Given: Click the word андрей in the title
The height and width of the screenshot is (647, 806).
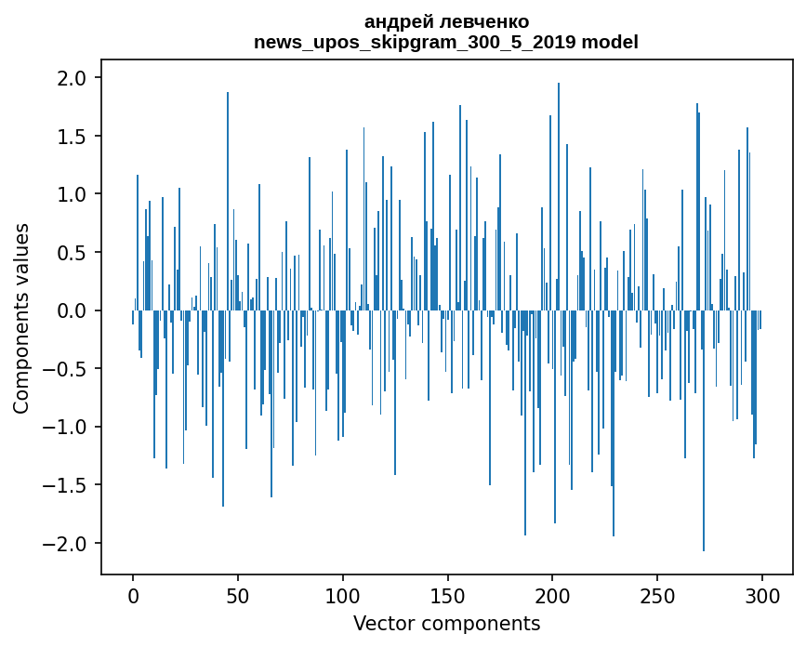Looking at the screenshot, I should (396, 21).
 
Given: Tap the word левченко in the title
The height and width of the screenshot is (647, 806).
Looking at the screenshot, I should (478, 21).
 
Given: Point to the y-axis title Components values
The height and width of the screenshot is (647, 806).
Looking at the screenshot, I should (21, 318).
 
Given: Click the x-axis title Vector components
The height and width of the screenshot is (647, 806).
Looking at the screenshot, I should (446, 623).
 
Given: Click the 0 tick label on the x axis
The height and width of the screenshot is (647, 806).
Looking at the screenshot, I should (133, 594).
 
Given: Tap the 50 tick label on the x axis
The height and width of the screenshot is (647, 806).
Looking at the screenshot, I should (238, 594).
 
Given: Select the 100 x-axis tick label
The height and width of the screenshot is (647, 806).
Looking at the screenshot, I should (343, 594).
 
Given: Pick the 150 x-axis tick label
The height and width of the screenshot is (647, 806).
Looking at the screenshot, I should (447, 594).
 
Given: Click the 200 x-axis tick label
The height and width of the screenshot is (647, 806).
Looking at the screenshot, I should (552, 594).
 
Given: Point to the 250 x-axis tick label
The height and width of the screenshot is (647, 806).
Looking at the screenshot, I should (657, 594).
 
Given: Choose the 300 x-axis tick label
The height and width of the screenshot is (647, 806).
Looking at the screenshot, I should (762, 594).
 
